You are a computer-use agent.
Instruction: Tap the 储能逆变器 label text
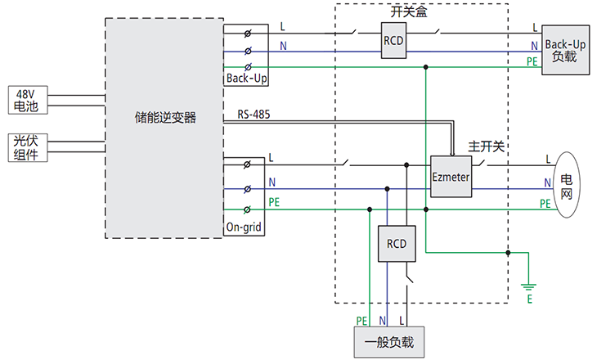[x=165, y=117]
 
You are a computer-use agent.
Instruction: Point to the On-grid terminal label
[x=244, y=228]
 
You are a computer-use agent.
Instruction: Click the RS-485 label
[x=254, y=115]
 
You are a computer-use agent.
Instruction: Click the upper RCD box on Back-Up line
[x=396, y=42]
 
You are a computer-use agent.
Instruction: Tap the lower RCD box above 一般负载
[x=397, y=244]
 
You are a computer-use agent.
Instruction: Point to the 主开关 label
[x=486, y=146]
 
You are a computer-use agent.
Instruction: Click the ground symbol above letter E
[x=529, y=286]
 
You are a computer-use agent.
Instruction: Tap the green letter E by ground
[x=529, y=301]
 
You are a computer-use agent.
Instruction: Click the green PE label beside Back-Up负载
[x=532, y=61]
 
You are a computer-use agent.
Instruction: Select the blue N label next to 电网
[x=547, y=182]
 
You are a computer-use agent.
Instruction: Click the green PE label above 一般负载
[x=361, y=320]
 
